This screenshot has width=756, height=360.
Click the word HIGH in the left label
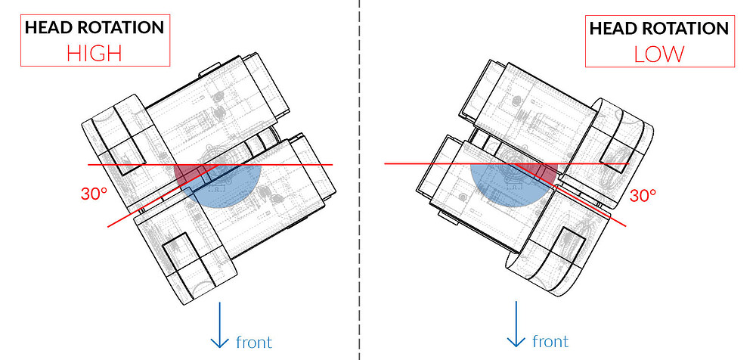pos(94,54)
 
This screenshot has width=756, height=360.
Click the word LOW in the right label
pos(659,54)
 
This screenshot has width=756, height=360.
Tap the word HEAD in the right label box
pos(615,29)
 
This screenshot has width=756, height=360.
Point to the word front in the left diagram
pos(253,342)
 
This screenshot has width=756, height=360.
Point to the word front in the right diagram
pos(550,342)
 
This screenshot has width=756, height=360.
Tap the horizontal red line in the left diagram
pos(302,164)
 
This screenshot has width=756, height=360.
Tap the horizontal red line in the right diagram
pos(423,163)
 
